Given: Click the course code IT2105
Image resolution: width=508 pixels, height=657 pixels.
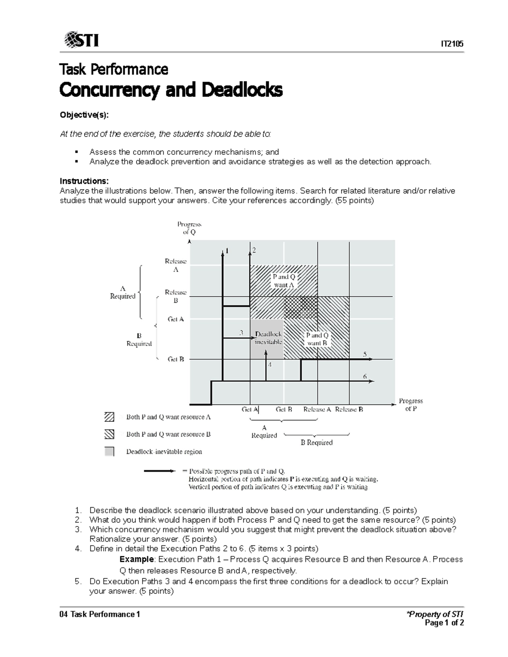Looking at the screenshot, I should [452, 44].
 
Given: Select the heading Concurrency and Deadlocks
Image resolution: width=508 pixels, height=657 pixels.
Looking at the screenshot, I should [171, 90].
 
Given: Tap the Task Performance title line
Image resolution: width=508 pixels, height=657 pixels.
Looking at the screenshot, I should [114, 69].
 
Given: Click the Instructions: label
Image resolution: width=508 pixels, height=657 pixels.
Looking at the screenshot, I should [81, 181].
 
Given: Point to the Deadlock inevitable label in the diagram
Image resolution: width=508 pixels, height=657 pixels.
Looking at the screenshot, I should [268, 338].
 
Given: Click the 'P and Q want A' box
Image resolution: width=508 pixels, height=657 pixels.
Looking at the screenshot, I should [284, 281].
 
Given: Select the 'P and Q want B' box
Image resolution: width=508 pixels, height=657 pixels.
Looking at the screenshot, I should [317, 339].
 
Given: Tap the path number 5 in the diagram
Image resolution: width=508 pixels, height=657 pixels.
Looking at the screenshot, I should [364, 354].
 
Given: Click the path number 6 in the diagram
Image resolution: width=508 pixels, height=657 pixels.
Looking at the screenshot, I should [364, 376].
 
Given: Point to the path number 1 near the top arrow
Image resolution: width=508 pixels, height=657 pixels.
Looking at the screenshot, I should [226, 250].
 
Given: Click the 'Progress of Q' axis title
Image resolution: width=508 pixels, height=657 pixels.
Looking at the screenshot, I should [189, 228].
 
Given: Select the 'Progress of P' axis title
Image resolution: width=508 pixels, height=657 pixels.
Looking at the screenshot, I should [411, 404].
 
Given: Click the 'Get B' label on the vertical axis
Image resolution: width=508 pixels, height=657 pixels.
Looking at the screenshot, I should [176, 359].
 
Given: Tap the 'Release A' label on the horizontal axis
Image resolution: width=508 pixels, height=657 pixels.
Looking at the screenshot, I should [317, 410].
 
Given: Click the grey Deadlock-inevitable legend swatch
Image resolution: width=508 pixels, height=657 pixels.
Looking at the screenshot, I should [109, 451].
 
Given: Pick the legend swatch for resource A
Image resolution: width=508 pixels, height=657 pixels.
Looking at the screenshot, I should [109, 417].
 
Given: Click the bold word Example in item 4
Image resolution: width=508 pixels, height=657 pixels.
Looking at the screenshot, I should [137, 559].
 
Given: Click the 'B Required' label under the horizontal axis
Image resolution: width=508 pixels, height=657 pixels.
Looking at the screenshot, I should [317, 443].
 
